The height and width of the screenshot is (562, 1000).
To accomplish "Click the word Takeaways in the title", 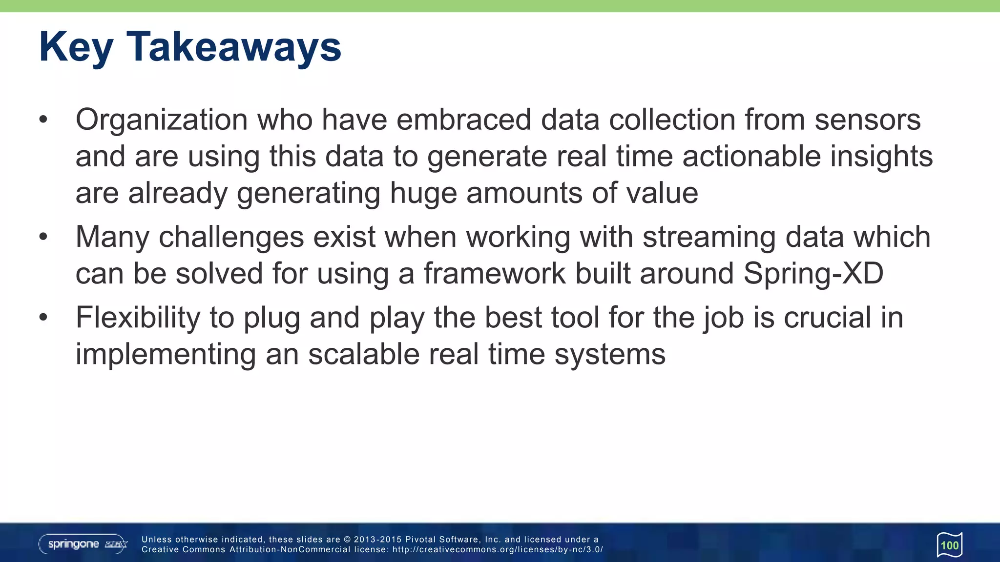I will click(234, 47).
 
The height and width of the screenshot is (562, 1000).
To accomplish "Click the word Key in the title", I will click(76, 48).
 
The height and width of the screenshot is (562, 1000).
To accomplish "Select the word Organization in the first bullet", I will click(162, 120).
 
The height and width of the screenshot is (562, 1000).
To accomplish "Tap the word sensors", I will click(867, 120).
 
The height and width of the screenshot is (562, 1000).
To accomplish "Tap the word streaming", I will click(708, 238).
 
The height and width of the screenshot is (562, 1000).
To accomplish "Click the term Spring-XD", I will click(813, 274).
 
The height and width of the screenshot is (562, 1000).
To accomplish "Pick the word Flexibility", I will click(138, 318).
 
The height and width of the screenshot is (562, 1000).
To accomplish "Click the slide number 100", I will click(950, 545).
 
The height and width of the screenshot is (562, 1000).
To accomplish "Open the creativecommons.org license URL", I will click(498, 550).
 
